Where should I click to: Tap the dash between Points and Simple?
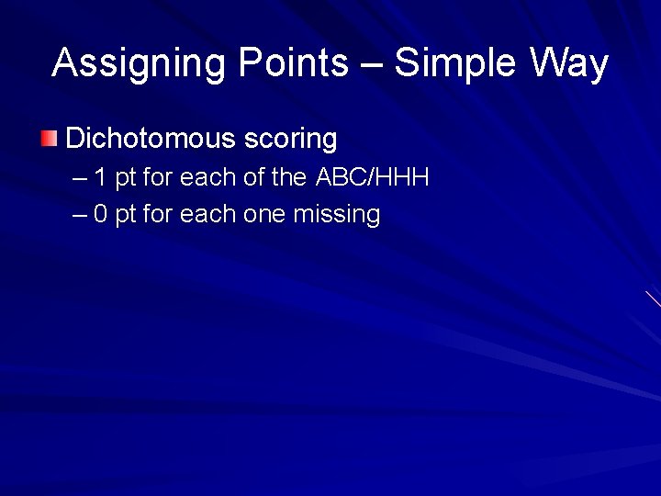click(x=373, y=64)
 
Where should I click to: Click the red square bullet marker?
click(x=50, y=140)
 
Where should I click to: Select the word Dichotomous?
click(x=151, y=139)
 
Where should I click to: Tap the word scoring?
click(x=291, y=140)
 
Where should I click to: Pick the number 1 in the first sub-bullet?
click(x=100, y=177)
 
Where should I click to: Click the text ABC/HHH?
click(x=372, y=177)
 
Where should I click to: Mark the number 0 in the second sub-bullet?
click(x=101, y=215)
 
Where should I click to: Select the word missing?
click(x=337, y=215)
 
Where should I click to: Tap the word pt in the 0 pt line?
click(x=126, y=215)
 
